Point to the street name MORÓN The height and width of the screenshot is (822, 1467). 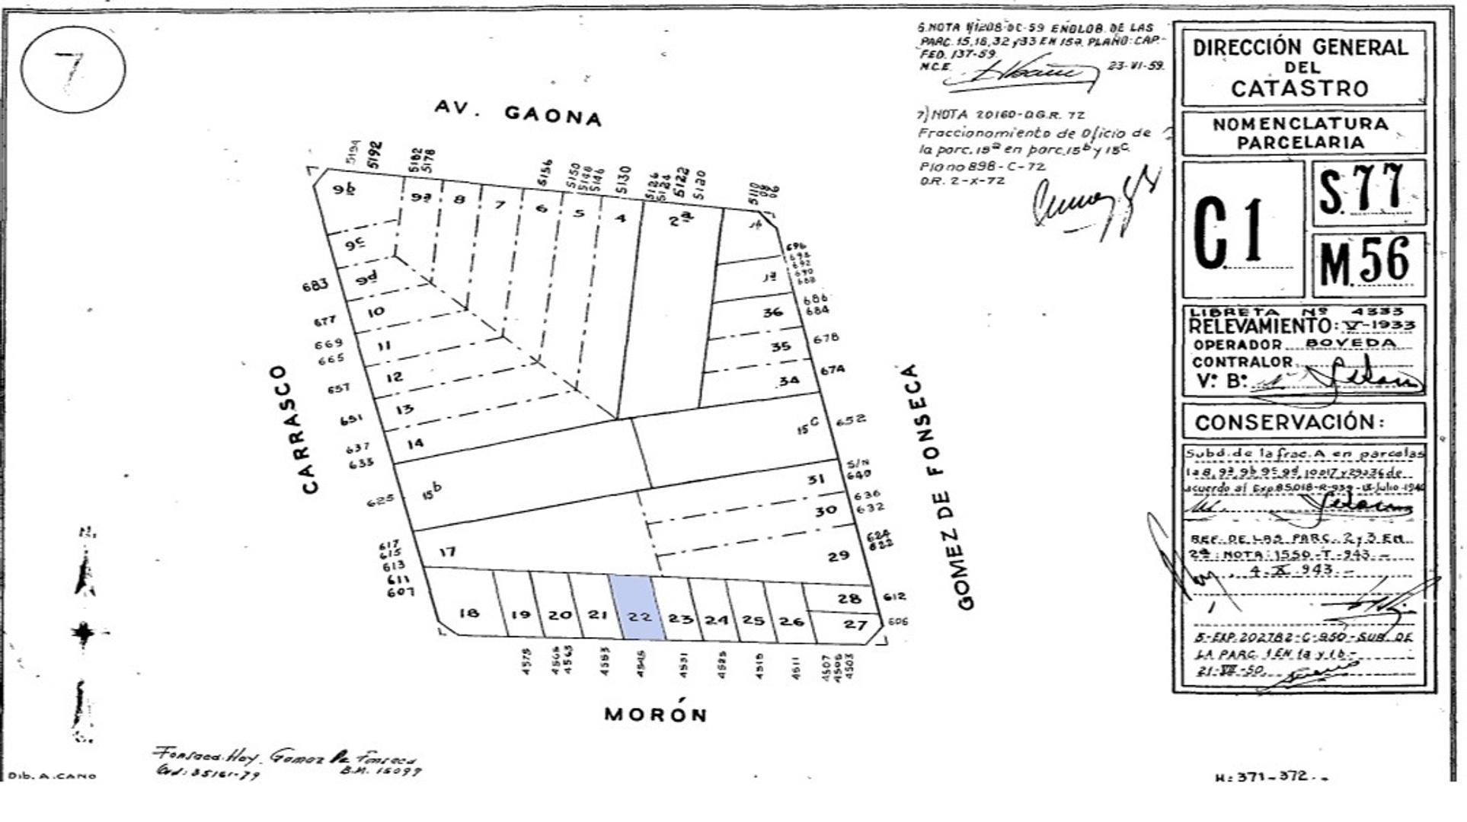[x=656, y=714]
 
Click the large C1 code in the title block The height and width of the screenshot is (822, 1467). [x=1228, y=232]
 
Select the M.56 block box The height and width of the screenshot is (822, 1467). [x=1369, y=263]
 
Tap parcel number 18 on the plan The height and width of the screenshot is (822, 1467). [x=468, y=613]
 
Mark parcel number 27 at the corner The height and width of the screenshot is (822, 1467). [x=855, y=625]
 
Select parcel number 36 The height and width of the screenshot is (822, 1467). [x=772, y=312]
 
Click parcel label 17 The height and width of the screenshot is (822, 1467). [x=447, y=551]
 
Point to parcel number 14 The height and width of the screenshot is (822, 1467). [x=415, y=443]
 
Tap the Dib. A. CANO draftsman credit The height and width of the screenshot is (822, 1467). [x=52, y=776]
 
